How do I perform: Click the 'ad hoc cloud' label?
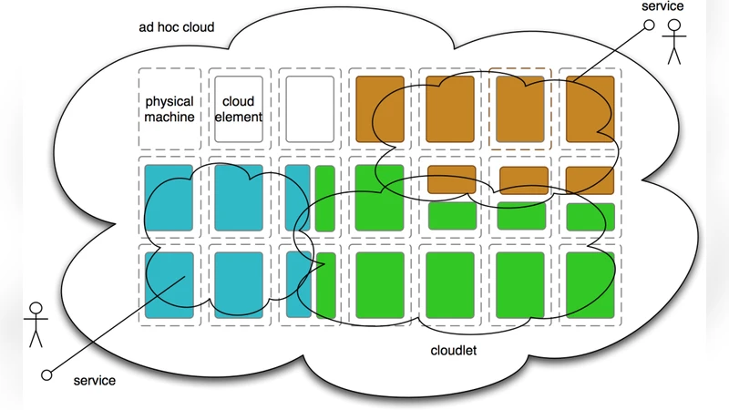177,27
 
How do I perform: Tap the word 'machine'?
169,117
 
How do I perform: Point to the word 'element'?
240,117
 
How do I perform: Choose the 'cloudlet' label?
455,350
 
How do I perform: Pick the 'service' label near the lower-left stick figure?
95,380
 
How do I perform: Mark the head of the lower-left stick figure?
36,307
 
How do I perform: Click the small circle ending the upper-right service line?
649,26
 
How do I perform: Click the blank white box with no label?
309,108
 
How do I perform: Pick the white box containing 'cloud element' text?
239,108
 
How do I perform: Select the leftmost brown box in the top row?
379,108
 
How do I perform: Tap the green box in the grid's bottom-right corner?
590,285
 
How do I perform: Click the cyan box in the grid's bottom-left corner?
169,285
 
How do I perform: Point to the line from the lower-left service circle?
118,328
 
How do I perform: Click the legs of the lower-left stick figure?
36,337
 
